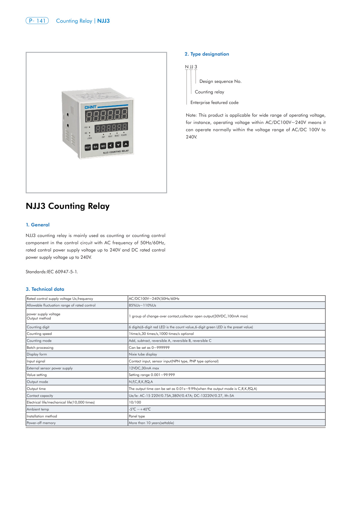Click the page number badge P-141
click(37, 21)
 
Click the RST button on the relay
click(88, 148)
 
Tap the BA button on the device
click(96, 147)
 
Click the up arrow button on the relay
click(126, 144)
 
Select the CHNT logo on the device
click(90, 107)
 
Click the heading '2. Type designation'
click(207, 54)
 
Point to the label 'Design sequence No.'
click(220, 81)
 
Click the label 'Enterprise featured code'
click(214, 102)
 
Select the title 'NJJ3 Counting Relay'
click(68, 206)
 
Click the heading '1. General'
click(37, 225)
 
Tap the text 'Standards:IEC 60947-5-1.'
click(52, 272)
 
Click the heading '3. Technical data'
click(45, 289)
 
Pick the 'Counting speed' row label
click(39, 334)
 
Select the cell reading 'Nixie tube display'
click(143, 354)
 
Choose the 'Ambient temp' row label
click(38, 409)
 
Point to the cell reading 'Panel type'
click(137, 416)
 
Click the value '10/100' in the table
click(135, 402)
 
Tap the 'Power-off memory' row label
click(41, 423)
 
